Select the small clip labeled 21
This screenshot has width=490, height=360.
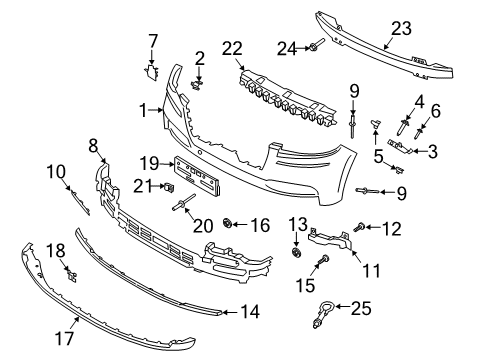[169, 185]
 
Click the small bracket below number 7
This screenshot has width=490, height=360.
[152, 69]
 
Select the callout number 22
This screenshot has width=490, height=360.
[234, 49]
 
